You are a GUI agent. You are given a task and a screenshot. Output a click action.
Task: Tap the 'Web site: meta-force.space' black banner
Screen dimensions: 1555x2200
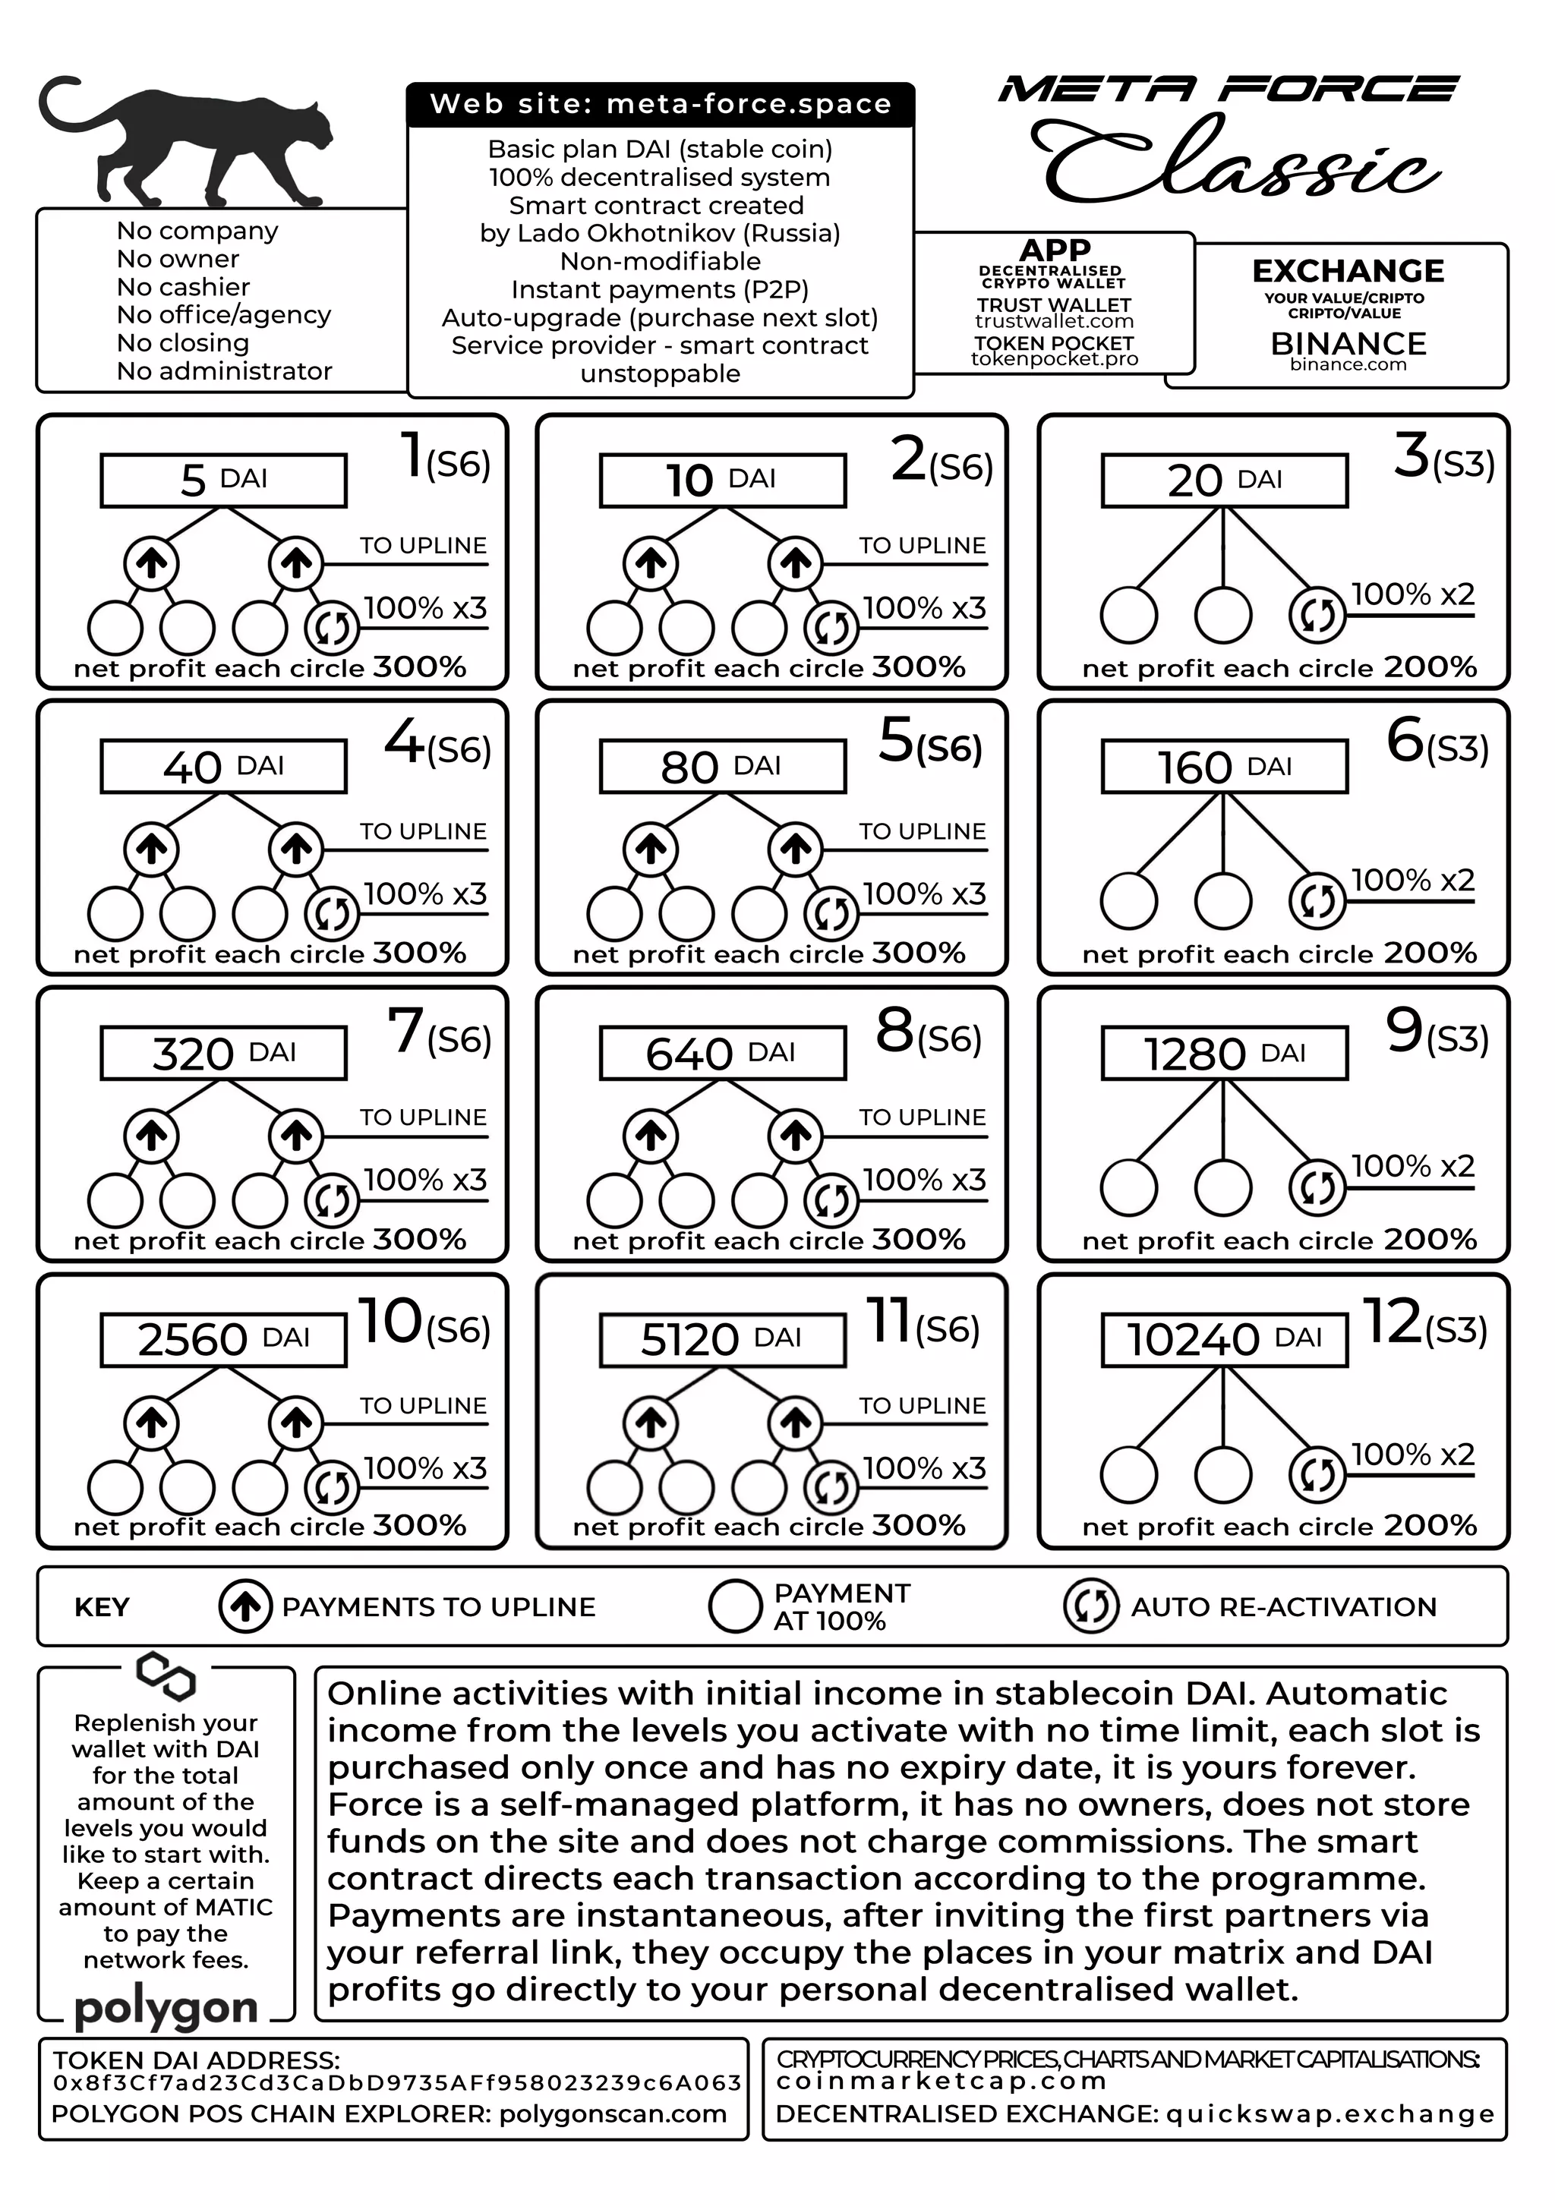click(660, 105)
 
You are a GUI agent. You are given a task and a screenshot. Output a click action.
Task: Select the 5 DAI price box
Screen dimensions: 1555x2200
click(223, 480)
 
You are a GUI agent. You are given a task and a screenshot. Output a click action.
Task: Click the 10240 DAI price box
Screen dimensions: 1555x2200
click(1225, 1338)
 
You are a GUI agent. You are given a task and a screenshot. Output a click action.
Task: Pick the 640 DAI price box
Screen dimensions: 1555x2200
click(722, 1053)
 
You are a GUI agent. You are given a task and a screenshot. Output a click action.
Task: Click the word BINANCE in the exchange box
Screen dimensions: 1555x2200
click(1348, 343)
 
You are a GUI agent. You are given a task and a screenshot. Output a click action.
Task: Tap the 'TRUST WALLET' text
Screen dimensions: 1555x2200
click(1054, 304)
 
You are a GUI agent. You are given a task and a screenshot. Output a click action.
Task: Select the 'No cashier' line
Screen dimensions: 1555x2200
click(183, 286)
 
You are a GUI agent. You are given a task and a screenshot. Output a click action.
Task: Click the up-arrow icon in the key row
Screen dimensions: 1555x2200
click(245, 1607)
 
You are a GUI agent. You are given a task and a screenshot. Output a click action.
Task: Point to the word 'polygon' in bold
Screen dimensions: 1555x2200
click(166, 2006)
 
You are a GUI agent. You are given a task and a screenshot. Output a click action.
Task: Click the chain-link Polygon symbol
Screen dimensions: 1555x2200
click(166, 1675)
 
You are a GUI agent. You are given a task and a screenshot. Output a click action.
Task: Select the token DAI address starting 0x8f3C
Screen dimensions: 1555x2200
click(396, 2082)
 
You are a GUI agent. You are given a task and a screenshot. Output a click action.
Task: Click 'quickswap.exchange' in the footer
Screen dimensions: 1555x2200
click(1329, 2113)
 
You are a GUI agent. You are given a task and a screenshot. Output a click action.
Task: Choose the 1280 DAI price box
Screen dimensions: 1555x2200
click(1225, 1053)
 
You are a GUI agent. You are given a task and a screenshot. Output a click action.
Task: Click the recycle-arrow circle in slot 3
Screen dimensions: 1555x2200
click(1317, 614)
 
